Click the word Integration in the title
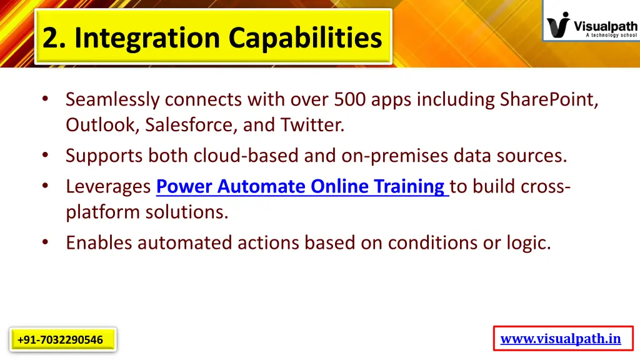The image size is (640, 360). pyautogui.click(x=147, y=37)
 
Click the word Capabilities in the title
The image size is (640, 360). pyautogui.click(x=304, y=37)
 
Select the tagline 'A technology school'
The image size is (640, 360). pyautogui.click(x=611, y=36)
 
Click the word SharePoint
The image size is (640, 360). pyautogui.click(x=549, y=99)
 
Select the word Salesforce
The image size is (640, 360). pyautogui.click(x=190, y=125)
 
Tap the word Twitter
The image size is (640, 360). pyautogui.click(x=312, y=125)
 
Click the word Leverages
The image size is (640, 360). pyautogui.click(x=108, y=186)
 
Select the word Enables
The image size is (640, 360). pyautogui.click(x=99, y=242)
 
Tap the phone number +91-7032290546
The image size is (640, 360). pyautogui.click(x=61, y=340)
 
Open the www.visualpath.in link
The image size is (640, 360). pyautogui.click(x=561, y=339)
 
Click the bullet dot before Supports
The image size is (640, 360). pyautogui.click(x=46, y=155)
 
